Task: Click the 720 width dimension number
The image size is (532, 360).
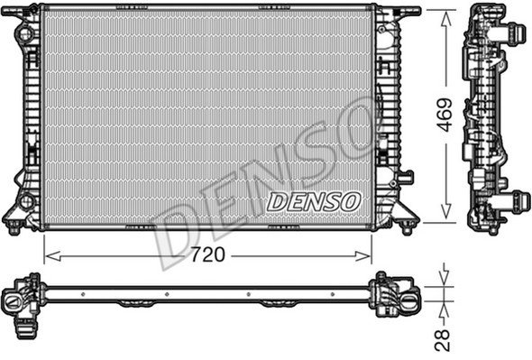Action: pyautogui.click(x=207, y=254)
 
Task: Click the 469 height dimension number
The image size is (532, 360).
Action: pyautogui.click(x=445, y=115)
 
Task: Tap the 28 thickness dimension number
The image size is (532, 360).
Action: pyautogui.click(x=443, y=340)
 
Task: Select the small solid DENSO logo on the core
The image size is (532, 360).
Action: pyautogui.click(x=313, y=202)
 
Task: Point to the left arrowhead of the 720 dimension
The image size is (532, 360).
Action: pyautogui.click(x=52, y=256)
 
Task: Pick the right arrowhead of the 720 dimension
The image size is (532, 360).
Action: pyautogui.click(x=363, y=256)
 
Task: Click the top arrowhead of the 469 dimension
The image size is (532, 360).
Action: pyautogui.click(x=445, y=19)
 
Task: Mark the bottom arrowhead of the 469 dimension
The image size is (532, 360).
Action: pyautogui.click(x=445, y=211)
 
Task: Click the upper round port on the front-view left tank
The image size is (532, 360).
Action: pyautogui.click(x=24, y=34)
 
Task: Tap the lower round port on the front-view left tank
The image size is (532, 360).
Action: pyautogui.click(x=26, y=202)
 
